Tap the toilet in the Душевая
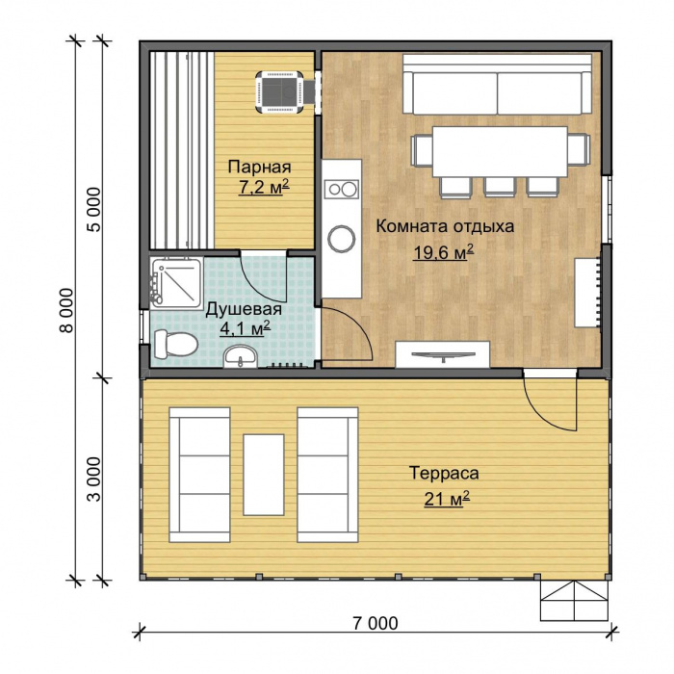tap(175, 344)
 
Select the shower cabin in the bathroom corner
tap(176, 283)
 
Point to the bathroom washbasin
tap(241, 357)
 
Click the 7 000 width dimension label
tap(376, 623)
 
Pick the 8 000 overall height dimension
tap(67, 310)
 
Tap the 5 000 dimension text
tap(94, 210)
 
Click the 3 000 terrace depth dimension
tap(94, 479)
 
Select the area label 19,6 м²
tap(443, 252)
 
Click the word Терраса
tap(444, 473)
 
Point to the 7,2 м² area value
tap(264, 188)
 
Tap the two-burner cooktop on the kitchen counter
tap(342, 189)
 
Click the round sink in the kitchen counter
tap(342, 239)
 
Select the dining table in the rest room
tap(500, 151)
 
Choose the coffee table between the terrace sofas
tap(264, 475)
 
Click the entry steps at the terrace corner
tap(574, 601)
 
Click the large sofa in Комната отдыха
tap(497, 85)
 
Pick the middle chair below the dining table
tap(500, 187)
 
